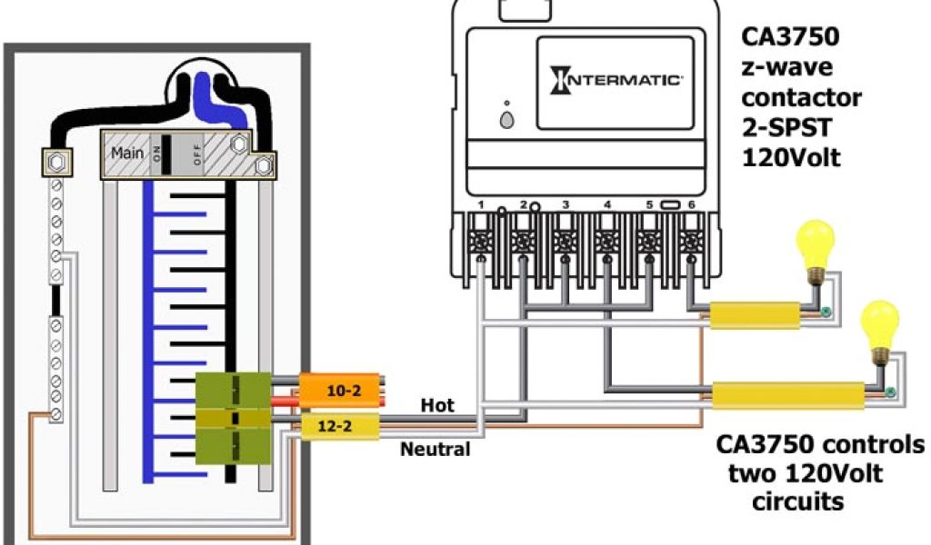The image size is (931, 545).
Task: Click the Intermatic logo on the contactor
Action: (616, 80)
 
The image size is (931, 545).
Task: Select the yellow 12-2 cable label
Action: (334, 425)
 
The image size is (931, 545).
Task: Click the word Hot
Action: (437, 405)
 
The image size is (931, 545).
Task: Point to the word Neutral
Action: (436, 449)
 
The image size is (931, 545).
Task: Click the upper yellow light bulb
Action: (815, 243)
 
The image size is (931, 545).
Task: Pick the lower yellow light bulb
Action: (879, 324)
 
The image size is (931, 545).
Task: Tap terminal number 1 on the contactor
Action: (481, 243)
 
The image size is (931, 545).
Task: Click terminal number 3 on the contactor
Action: (566, 243)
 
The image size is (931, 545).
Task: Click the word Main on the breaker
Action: (127, 153)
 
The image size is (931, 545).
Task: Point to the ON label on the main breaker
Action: (160, 154)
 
